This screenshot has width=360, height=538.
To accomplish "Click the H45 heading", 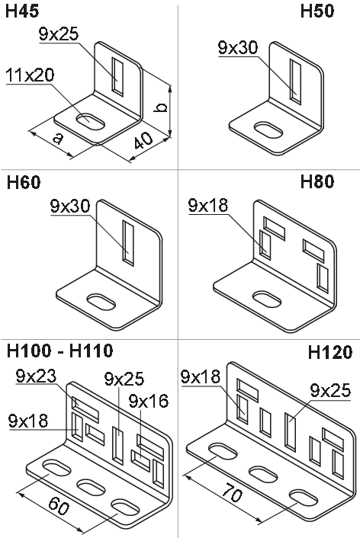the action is (22, 11).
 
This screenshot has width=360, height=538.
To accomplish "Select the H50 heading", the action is (317, 11).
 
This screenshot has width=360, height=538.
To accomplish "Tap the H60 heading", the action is (24, 182).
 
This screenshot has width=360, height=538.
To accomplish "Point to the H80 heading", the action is (317, 181).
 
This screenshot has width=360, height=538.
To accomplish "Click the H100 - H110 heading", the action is (59, 351).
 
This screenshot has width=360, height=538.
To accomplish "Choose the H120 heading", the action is (330, 352).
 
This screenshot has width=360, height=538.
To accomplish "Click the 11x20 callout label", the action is (30, 75).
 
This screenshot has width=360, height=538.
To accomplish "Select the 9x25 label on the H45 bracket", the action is (59, 34).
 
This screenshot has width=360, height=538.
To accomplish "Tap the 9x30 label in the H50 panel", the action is (238, 48).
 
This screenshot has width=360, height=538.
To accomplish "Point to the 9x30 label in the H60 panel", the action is (70, 206).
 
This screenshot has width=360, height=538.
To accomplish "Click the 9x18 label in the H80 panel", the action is (208, 205).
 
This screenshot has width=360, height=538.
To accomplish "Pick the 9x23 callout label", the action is (36, 376).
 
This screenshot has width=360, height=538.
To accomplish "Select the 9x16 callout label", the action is (149, 401).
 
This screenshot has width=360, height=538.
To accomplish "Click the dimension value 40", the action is (143, 141).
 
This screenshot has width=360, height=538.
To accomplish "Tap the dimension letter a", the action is (59, 138).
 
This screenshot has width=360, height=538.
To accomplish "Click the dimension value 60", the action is (59, 506).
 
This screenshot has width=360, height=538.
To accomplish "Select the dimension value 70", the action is (233, 493).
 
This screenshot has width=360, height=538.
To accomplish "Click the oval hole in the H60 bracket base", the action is (101, 302).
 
